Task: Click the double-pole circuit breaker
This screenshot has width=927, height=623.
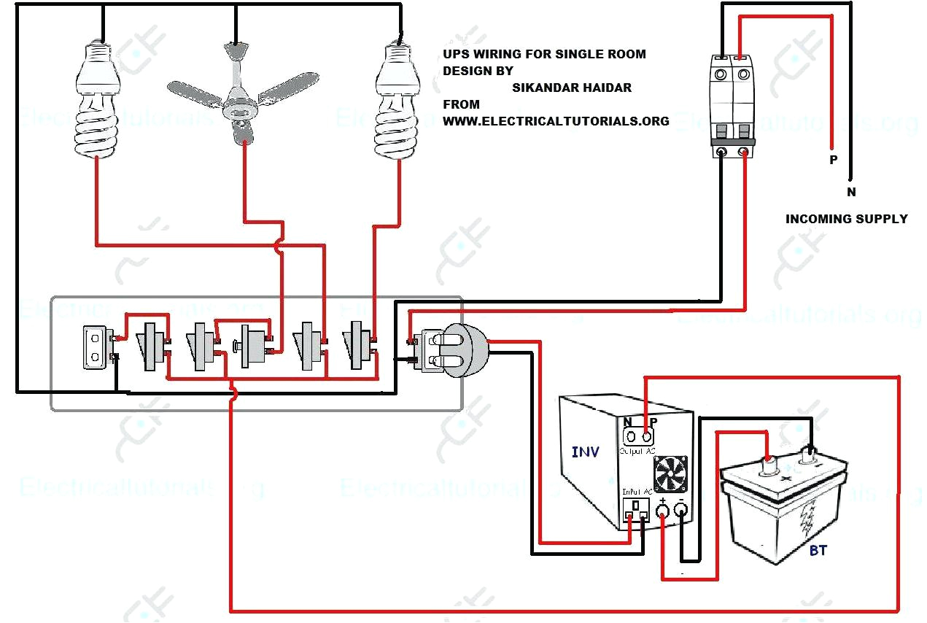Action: pyautogui.click(x=732, y=107)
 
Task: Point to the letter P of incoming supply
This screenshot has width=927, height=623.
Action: pyautogui.click(x=833, y=160)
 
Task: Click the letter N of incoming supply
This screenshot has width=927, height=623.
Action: pyautogui.click(x=851, y=193)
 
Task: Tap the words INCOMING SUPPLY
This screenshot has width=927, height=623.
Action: pyautogui.click(x=846, y=219)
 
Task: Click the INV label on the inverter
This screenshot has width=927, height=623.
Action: pyautogui.click(x=585, y=452)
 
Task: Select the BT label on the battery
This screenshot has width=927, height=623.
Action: pyautogui.click(x=818, y=550)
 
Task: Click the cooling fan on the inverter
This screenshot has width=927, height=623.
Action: pyautogui.click(x=670, y=474)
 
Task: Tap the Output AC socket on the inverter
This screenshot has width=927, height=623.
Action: pyautogui.click(x=639, y=437)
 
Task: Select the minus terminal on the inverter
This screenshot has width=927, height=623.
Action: pyautogui.click(x=681, y=511)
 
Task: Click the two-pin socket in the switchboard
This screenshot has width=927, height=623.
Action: pyautogui.click(x=94, y=347)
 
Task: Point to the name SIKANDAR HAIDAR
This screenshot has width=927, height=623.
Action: pyautogui.click(x=572, y=88)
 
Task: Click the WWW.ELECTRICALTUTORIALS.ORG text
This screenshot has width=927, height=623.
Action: pyautogui.click(x=556, y=121)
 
